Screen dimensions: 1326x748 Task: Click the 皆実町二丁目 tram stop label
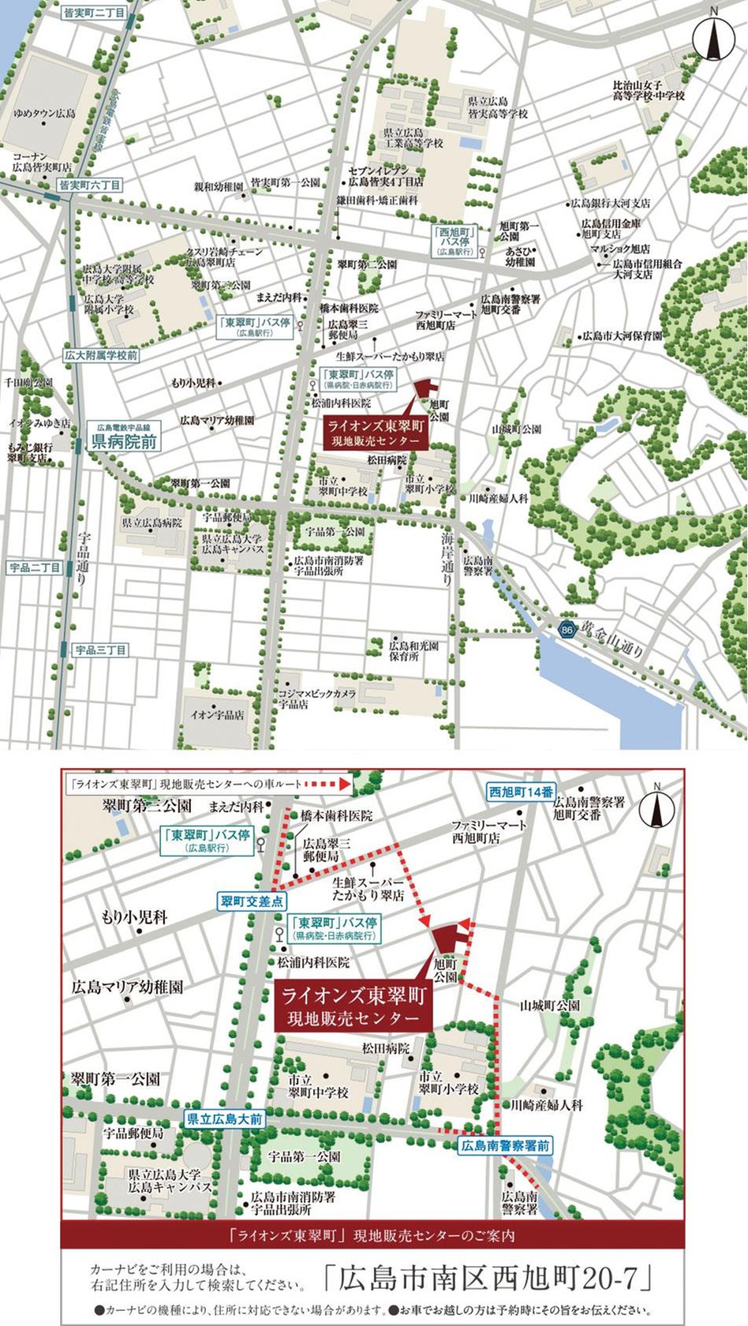click(x=94, y=13)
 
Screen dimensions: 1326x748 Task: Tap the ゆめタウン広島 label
click(x=44, y=113)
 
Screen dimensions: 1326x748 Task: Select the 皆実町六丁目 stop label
click(x=91, y=185)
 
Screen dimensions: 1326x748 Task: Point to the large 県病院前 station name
click(x=125, y=440)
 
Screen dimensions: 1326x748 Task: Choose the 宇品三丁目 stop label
click(x=101, y=650)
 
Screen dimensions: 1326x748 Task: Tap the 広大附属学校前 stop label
click(x=101, y=355)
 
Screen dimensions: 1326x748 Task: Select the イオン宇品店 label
click(x=217, y=715)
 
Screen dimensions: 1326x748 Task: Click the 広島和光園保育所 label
click(x=413, y=650)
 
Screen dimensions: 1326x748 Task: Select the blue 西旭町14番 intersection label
click(x=521, y=792)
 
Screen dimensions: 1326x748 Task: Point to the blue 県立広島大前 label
click(x=225, y=1118)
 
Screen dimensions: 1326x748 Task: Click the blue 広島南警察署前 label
click(x=506, y=1145)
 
